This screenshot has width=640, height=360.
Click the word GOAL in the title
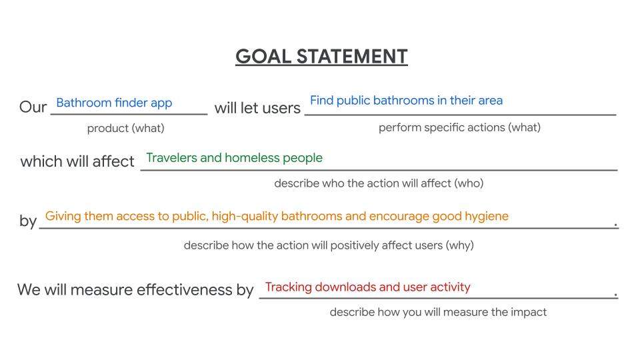pos(263,56)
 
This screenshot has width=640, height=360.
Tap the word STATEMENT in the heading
pos(352,56)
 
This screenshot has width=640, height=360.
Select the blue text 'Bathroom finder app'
pos(114,103)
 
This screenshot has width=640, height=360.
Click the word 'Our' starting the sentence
pos(33,107)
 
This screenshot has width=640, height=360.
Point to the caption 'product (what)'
pos(126,128)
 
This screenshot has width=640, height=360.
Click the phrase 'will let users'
pos(257,108)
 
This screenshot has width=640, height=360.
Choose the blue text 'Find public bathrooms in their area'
pos(407,101)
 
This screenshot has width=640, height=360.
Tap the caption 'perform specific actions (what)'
pos(459,127)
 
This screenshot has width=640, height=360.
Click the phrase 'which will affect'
pos(77,161)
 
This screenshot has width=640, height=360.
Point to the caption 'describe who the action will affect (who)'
pos(379,183)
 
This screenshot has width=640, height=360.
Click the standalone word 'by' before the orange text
pos(28,221)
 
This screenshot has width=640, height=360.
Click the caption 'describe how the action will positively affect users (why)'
pos(329,245)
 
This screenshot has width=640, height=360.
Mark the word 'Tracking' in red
pos(289,287)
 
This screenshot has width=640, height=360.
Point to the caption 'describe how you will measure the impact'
pos(438,312)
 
